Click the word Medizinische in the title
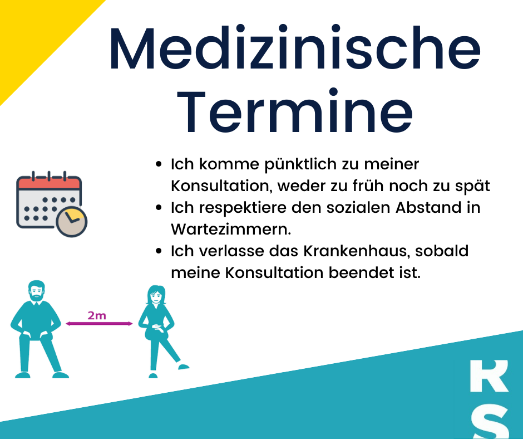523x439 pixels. pos(295,48)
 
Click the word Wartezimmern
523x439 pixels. pos(231,229)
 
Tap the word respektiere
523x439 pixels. pos(243,208)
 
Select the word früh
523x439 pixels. pos(368,186)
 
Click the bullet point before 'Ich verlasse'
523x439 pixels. pos(159,251)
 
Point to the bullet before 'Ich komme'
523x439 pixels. pos(159,164)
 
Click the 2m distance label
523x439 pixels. pos(97,315)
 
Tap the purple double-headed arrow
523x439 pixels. pos(99,324)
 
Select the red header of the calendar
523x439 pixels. pos(49,183)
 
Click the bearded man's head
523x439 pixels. pos(36,291)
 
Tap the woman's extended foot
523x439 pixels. pos(184,367)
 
